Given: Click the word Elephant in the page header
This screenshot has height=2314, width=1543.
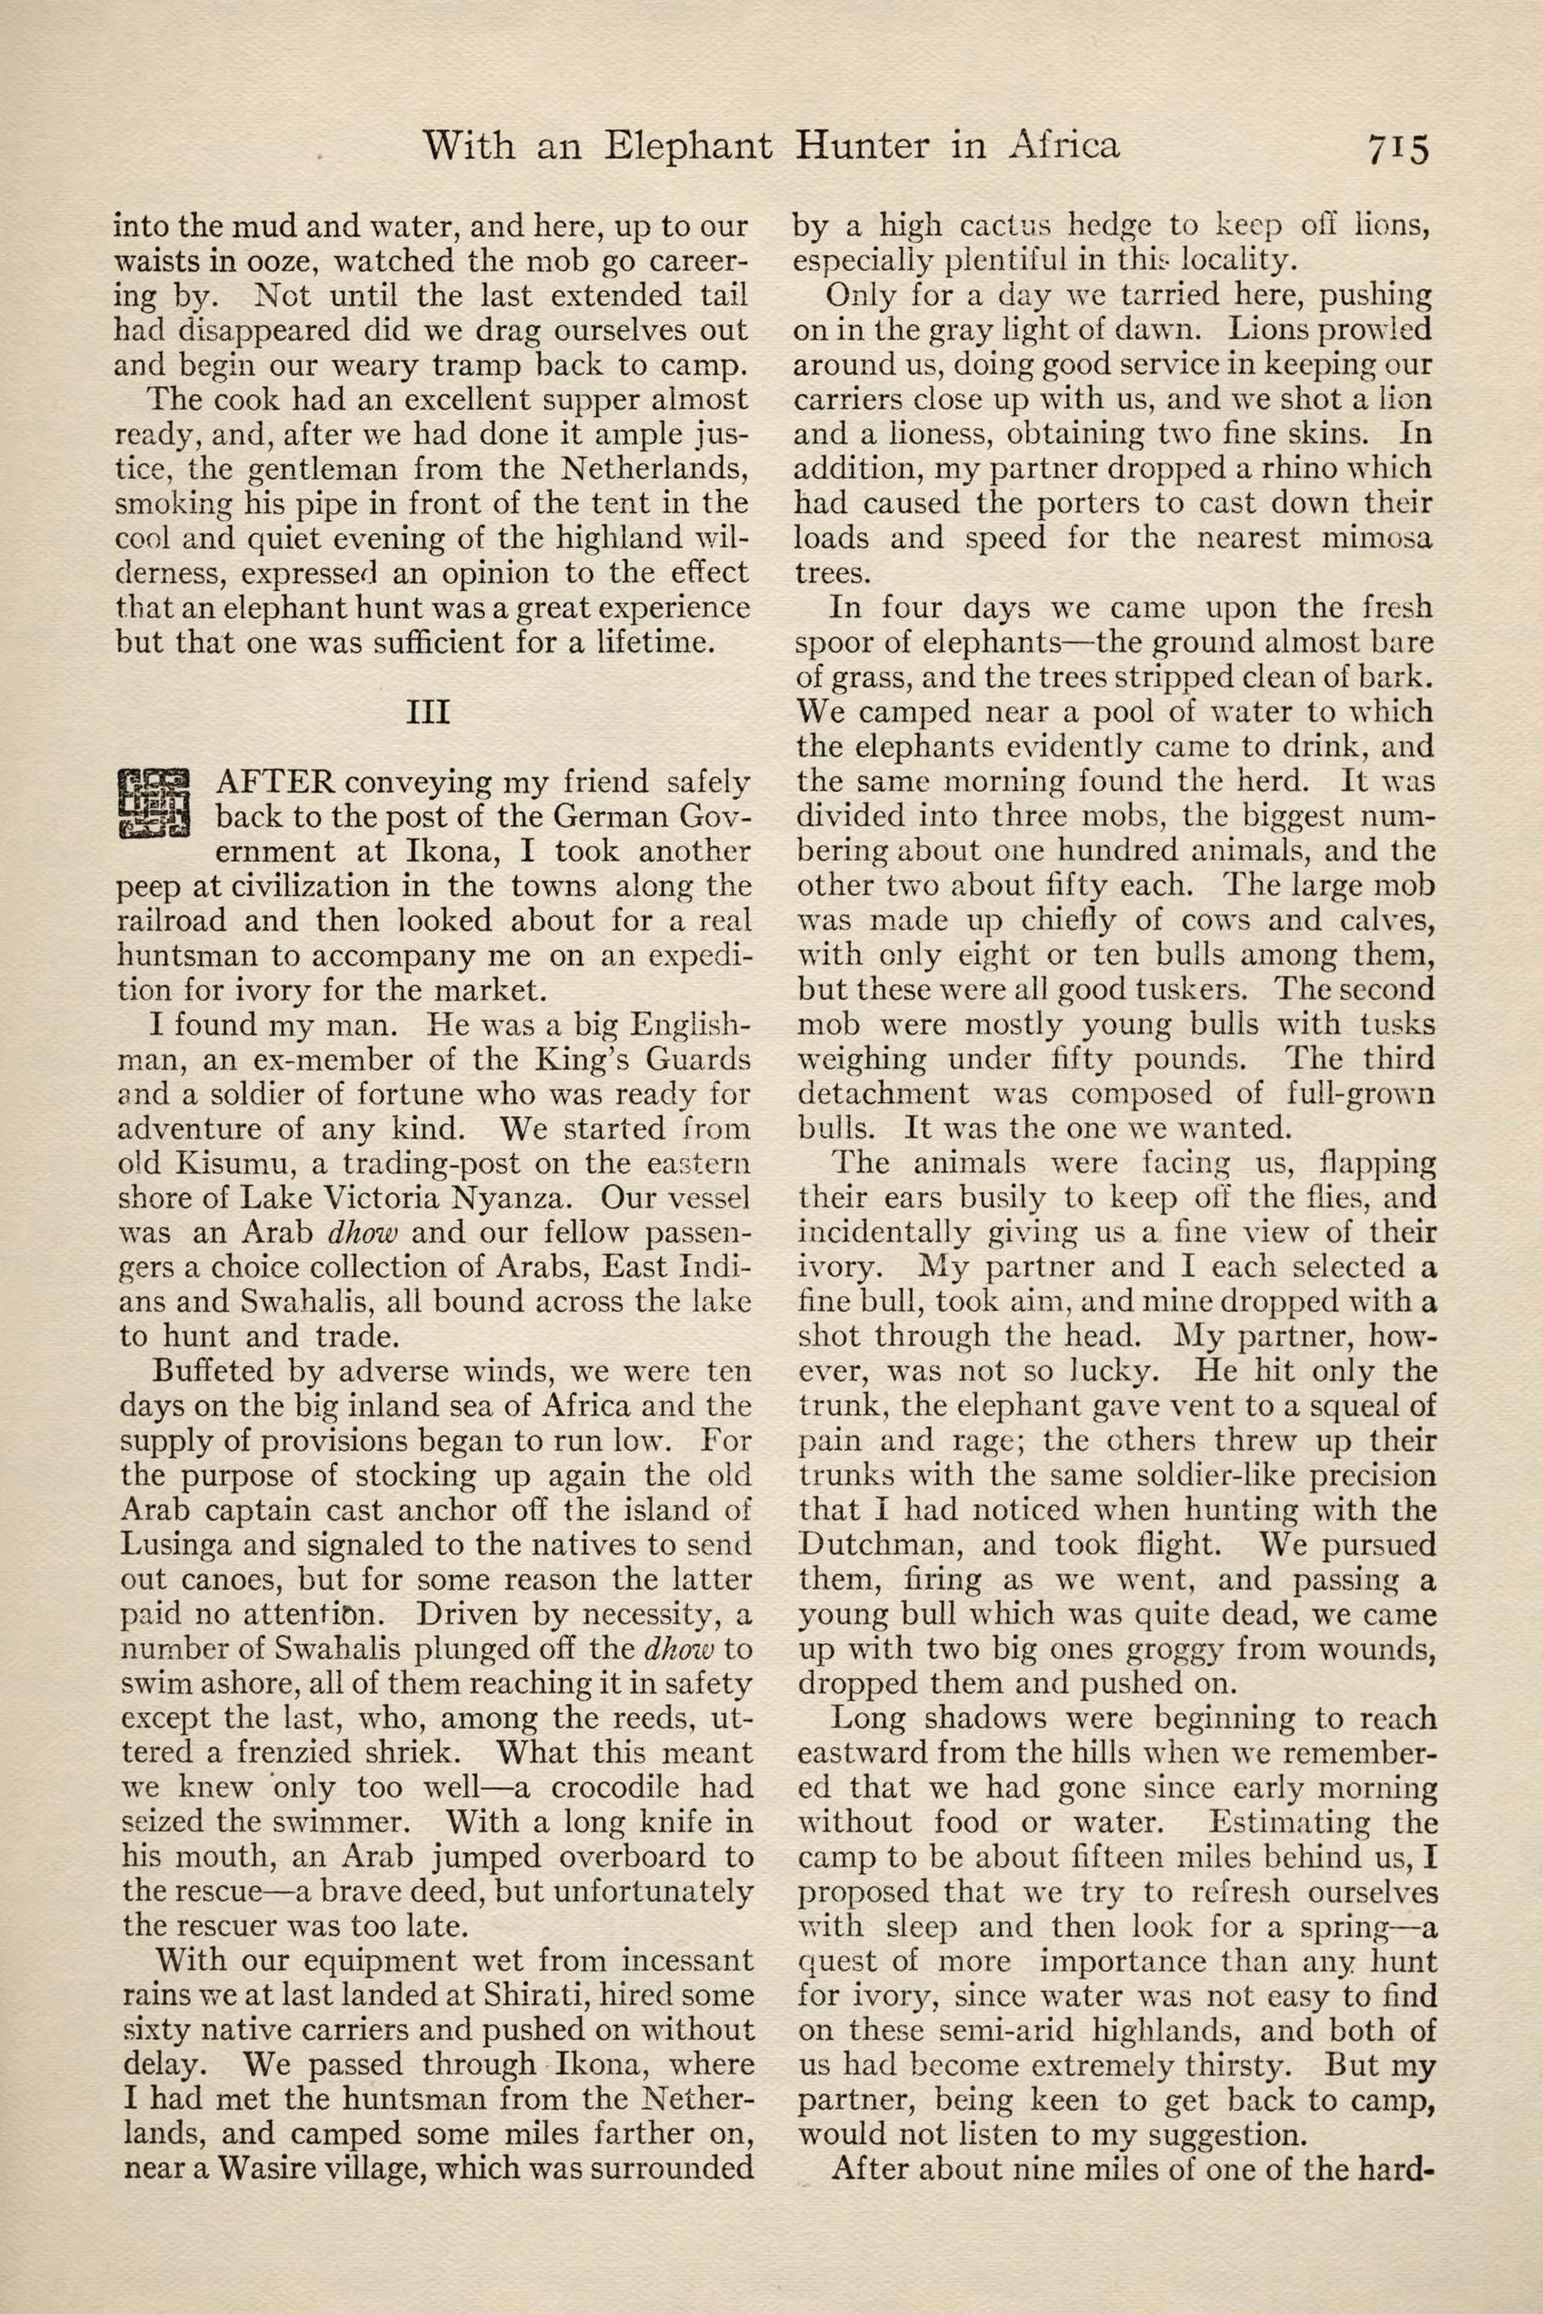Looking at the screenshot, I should pyautogui.click(x=687, y=147).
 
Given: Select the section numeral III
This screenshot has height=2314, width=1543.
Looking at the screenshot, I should pyautogui.click(x=428, y=711).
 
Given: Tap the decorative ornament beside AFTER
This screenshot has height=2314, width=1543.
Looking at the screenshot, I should pyautogui.click(x=154, y=802).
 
